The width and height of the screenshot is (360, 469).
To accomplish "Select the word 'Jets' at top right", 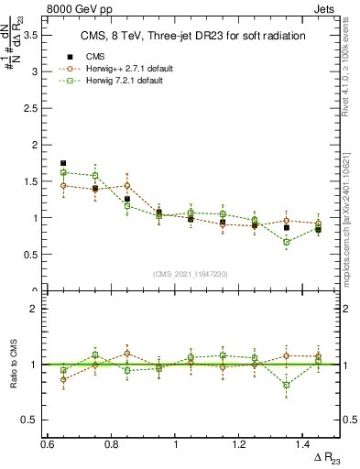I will click(323, 8).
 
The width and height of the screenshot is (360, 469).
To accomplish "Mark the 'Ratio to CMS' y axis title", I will click(12, 365).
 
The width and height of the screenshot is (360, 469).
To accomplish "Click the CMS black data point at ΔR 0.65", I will click(63, 163).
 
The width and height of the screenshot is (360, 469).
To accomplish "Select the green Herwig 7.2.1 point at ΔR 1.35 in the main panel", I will click(287, 242).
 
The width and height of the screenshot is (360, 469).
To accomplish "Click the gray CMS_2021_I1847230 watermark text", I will click(190, 274).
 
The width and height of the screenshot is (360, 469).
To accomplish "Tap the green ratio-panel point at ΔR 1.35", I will click(287, 385).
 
